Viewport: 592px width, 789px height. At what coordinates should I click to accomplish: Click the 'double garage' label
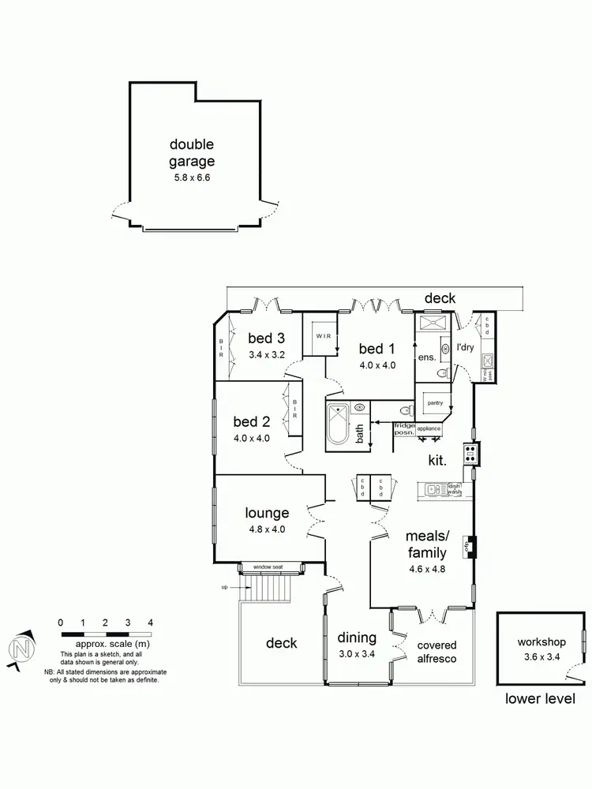click(192, 153)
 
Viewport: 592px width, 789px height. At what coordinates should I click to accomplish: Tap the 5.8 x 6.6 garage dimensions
click(192, 178)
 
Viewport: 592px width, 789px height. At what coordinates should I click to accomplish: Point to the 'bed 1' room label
click(377, 350)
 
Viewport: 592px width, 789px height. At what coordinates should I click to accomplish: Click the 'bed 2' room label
click(253, 423)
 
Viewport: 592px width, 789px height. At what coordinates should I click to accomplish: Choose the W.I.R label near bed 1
click(324, 335)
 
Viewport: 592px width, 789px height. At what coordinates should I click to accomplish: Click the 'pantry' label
click(434, 402)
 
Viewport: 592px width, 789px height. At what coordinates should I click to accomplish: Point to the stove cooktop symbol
click(470, 453)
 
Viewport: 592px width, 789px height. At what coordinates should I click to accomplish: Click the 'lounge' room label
click(267, 514)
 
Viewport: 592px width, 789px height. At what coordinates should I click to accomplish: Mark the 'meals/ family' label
click(427, 544)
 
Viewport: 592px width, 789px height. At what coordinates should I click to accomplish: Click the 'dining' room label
click(357, 638)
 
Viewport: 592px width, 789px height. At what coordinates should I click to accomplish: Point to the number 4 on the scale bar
click(150, 623)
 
